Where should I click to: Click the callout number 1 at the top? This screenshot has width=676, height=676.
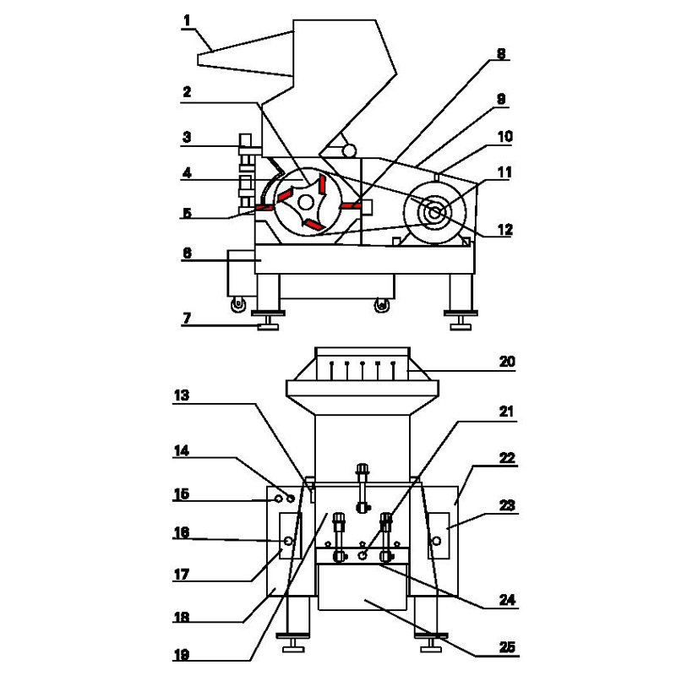click(187, 20)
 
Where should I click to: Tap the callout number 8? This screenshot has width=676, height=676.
click(501, 54)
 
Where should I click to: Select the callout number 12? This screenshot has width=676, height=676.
click(504, 230)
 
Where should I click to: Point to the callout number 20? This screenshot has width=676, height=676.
click(507, 362)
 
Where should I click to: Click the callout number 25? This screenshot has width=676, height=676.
click(507, 647)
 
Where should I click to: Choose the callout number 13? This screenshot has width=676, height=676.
click(182, 395)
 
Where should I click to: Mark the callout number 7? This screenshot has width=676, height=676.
click(187, 319)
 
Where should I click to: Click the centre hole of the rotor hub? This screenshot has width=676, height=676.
click(306, 202)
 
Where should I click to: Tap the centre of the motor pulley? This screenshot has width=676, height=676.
click(434, 212)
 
